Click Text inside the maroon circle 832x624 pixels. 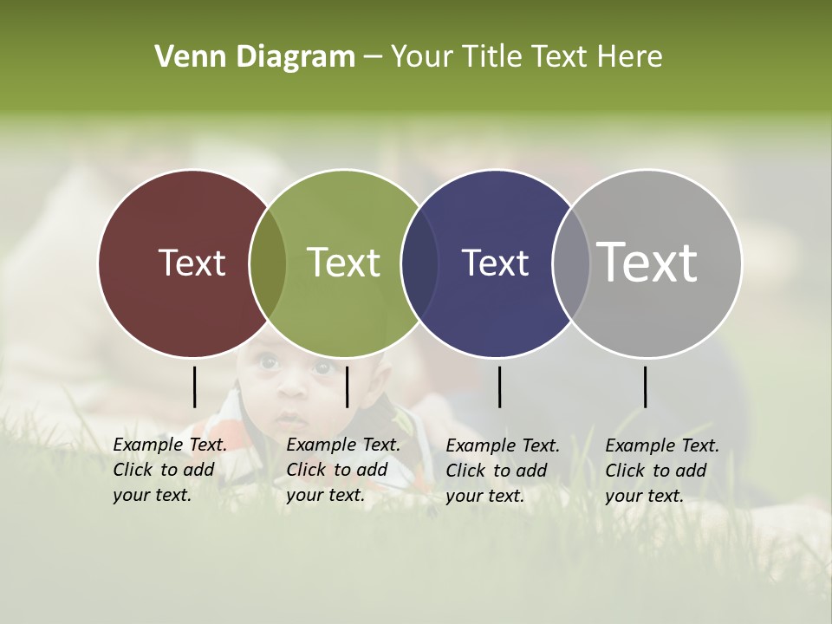click(x=192, y=263)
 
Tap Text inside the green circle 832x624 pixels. click(x=343, y=263)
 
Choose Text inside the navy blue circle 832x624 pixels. click(x=495, y=263)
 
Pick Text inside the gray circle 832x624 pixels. click(x=647, y=263)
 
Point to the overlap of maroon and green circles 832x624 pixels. click(x=268, y=263)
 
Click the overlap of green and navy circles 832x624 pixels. click(x=419, y=263)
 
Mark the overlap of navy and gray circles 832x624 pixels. click(x=571, y=263)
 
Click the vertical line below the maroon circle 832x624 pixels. click(x=194, y=387)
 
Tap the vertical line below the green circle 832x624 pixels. click(x=347, y=387)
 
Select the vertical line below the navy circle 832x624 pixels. click(x=499, y=387)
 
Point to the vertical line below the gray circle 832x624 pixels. click(x=645, y=387)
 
